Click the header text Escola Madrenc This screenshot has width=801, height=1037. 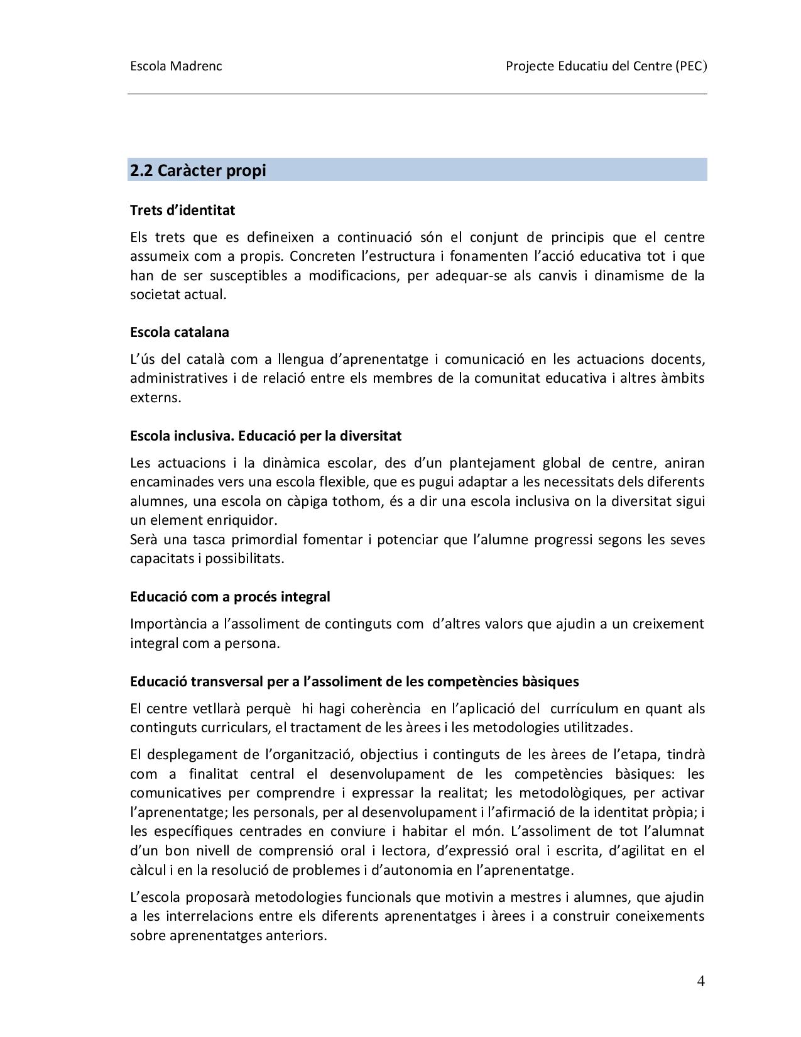[x=176, y=66]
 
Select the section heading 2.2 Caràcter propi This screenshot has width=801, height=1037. [x=198, y=170]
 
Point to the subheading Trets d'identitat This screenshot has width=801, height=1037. [x=182, y=210]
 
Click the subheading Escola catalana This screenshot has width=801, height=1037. [x=179, y=332]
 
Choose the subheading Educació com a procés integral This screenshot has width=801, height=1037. [x=230, y=596]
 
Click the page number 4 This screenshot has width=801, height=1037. [x=700, y=981]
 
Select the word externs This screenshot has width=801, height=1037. [x=155, y=398]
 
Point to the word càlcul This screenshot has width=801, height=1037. [x=148, y=870]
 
